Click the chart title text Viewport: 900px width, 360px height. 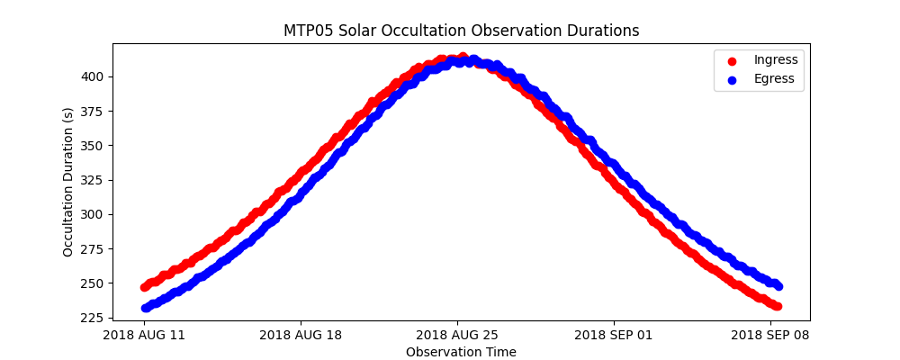point(461,31)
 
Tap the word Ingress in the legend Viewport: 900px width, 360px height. point(776,59)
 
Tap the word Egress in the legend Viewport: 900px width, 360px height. point(774,78)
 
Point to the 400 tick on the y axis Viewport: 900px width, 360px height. point(94,76)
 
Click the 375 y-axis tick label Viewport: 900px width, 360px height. point(94,112)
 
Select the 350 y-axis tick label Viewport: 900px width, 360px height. point(94,146)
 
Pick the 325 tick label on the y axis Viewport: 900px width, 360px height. point(94,180)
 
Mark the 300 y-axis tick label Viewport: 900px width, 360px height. point(94,214)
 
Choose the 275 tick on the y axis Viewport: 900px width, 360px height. point(94,249)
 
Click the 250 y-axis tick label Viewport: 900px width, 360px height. point(94,283)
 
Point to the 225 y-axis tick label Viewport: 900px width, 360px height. point(94,318)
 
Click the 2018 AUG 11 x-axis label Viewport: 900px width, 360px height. point(144,336)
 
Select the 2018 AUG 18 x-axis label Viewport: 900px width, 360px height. point(301,336)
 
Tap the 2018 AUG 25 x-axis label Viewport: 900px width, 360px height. point(457,336)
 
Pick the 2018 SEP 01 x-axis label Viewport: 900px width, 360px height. point(614,336)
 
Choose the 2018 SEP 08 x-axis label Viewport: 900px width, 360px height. point(770,336)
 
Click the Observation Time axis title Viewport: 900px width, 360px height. point(461,352)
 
